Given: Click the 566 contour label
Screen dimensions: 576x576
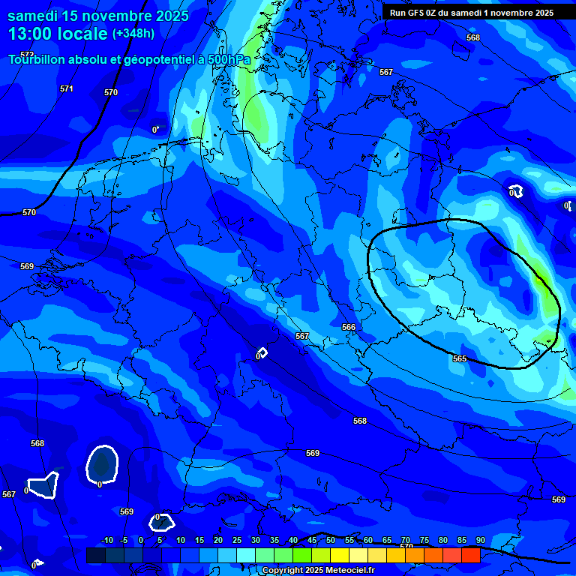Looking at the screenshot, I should pyautogui.click(x=349, y=328).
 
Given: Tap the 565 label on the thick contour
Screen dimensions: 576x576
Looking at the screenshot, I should pyautogui.click(x=460, y=358).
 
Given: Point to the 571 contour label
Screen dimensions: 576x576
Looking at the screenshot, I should pyautogui.click(x=67, y=88).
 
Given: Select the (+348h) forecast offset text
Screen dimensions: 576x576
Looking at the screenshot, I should pyautogui.click(x=133, y=34).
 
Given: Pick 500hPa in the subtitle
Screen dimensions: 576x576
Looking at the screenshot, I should pyautogui.click(x=228, y=59).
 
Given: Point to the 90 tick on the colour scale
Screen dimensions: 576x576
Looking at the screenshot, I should pyautogui.click(x=480, y=541).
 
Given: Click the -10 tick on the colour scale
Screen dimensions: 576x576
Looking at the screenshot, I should pyautogui.click(x=106, y=541).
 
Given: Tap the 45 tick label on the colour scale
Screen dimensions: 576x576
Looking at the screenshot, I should pyautogui.click(x=312, y=541).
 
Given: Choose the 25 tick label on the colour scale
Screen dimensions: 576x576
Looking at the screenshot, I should pyautogui.click(x=236, y=541).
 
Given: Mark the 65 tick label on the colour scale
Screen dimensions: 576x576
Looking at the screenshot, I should pyautogui.click(x=387, y=541).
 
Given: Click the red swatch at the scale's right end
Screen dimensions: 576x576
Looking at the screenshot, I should pyautogui.click(x=470, y=555).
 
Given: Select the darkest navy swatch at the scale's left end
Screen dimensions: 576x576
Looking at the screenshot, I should pyautogui.click(x=95, y=555).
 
